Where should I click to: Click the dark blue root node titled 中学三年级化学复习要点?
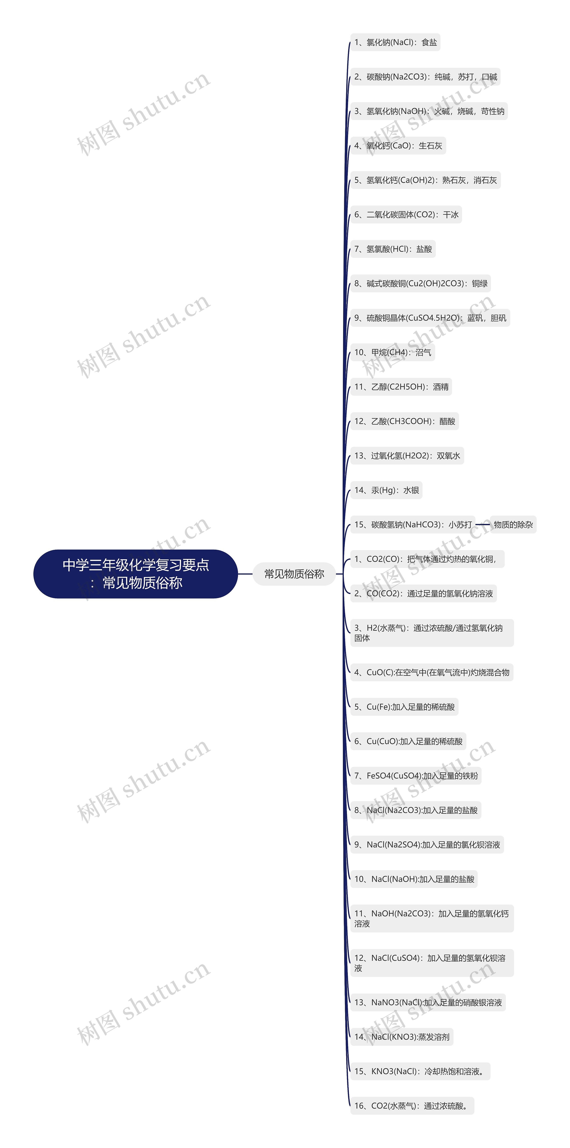pos(136,574)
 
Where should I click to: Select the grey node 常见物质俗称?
pos(294,574)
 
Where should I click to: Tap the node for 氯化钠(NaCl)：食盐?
pos(395,42)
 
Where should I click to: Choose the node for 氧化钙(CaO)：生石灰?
pos(398,146)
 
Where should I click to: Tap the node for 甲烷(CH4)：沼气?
pos(393,353)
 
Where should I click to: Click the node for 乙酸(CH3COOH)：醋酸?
pos(405,421)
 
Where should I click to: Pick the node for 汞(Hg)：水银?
pos(386,490)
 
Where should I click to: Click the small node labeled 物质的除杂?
pos(513,525)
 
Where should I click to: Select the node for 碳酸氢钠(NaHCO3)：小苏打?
pos(413,525)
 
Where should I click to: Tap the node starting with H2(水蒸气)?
pos(432,633)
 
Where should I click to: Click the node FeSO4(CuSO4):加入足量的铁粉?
pos(416,776)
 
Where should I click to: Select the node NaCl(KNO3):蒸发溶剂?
pos(401,1037)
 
